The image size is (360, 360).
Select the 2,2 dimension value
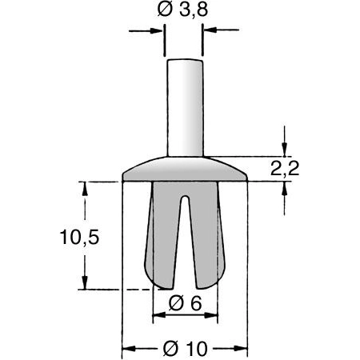[x=285, y=168]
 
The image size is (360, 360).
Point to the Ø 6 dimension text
[x=185, y=303]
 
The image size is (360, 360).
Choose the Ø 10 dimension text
[x=185, y=349]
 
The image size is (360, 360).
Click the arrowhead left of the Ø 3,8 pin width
[x=159, y=31]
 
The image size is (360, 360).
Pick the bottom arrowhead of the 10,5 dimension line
[x=82, y=284]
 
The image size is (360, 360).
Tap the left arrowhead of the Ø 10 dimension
[x=126, y=349]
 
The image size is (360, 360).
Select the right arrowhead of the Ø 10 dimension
[x=243, y=349]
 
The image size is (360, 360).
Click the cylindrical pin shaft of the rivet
[x=184, y=104]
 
